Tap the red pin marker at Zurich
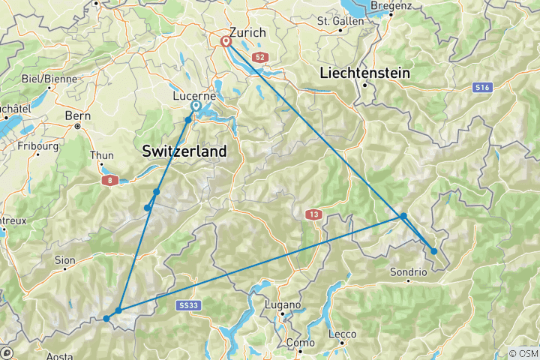226,42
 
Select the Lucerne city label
194,96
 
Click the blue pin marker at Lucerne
196,106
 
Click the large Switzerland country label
184,151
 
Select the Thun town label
101,155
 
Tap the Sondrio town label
409,271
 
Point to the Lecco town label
341,334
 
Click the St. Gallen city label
340,20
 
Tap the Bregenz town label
391,5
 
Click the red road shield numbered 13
313,215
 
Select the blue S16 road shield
483,88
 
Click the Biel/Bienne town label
43,78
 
